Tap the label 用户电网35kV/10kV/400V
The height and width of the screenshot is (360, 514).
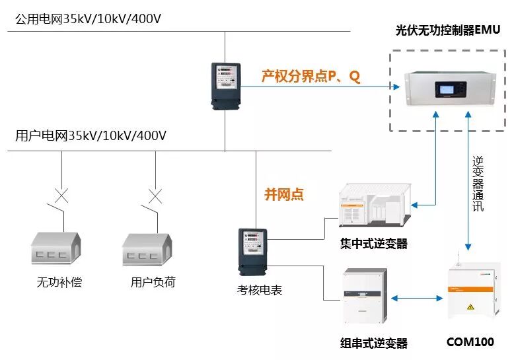pos(91,136)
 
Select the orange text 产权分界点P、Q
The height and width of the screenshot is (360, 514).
pos(311,77)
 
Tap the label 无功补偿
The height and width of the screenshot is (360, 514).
pos(59,283)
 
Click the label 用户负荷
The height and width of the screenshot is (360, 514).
pos(153,283)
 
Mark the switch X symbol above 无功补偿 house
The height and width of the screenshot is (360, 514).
pos(61,196)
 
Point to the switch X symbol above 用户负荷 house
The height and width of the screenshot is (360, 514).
pos(155,196)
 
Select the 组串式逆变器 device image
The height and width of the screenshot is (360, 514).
pos(364,295)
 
